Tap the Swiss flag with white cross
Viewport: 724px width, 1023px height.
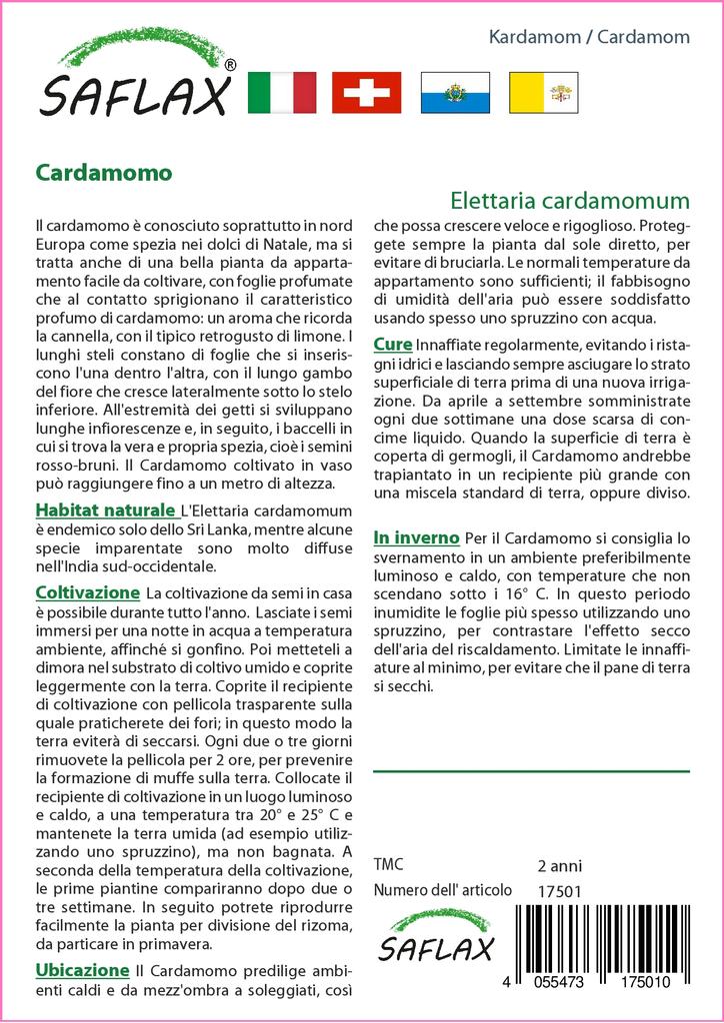(366, 92)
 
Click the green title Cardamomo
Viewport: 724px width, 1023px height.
(104, 172)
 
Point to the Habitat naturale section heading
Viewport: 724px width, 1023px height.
(105, 511)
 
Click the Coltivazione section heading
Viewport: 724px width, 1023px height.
(88, 592)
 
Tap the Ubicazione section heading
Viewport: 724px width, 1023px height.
(82, 969)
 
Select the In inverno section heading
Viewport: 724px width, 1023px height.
(416, 537)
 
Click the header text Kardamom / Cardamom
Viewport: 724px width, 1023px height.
(589, 37)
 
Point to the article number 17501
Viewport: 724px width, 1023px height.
(559, 890)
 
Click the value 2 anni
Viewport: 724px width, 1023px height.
(559, 865)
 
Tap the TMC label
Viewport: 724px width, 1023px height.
(388, 864)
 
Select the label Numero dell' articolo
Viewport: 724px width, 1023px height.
(442, 890)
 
